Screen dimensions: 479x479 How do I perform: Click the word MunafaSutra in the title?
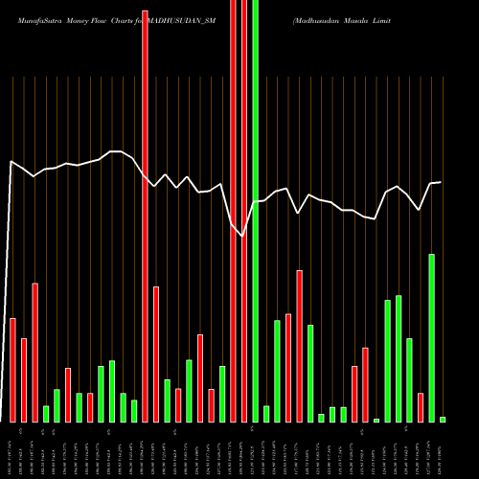(x=29, y=19)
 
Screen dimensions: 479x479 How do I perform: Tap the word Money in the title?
(x=72, y=19)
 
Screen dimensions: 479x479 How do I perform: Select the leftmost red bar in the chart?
(x=12, y=370)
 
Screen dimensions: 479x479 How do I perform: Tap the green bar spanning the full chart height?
(x=255, y=211)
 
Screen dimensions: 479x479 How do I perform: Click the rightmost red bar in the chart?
(x=421, y=407)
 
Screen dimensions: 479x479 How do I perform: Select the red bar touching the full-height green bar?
(x=244, y=211)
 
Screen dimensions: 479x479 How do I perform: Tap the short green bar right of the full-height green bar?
(x=266, y=414)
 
